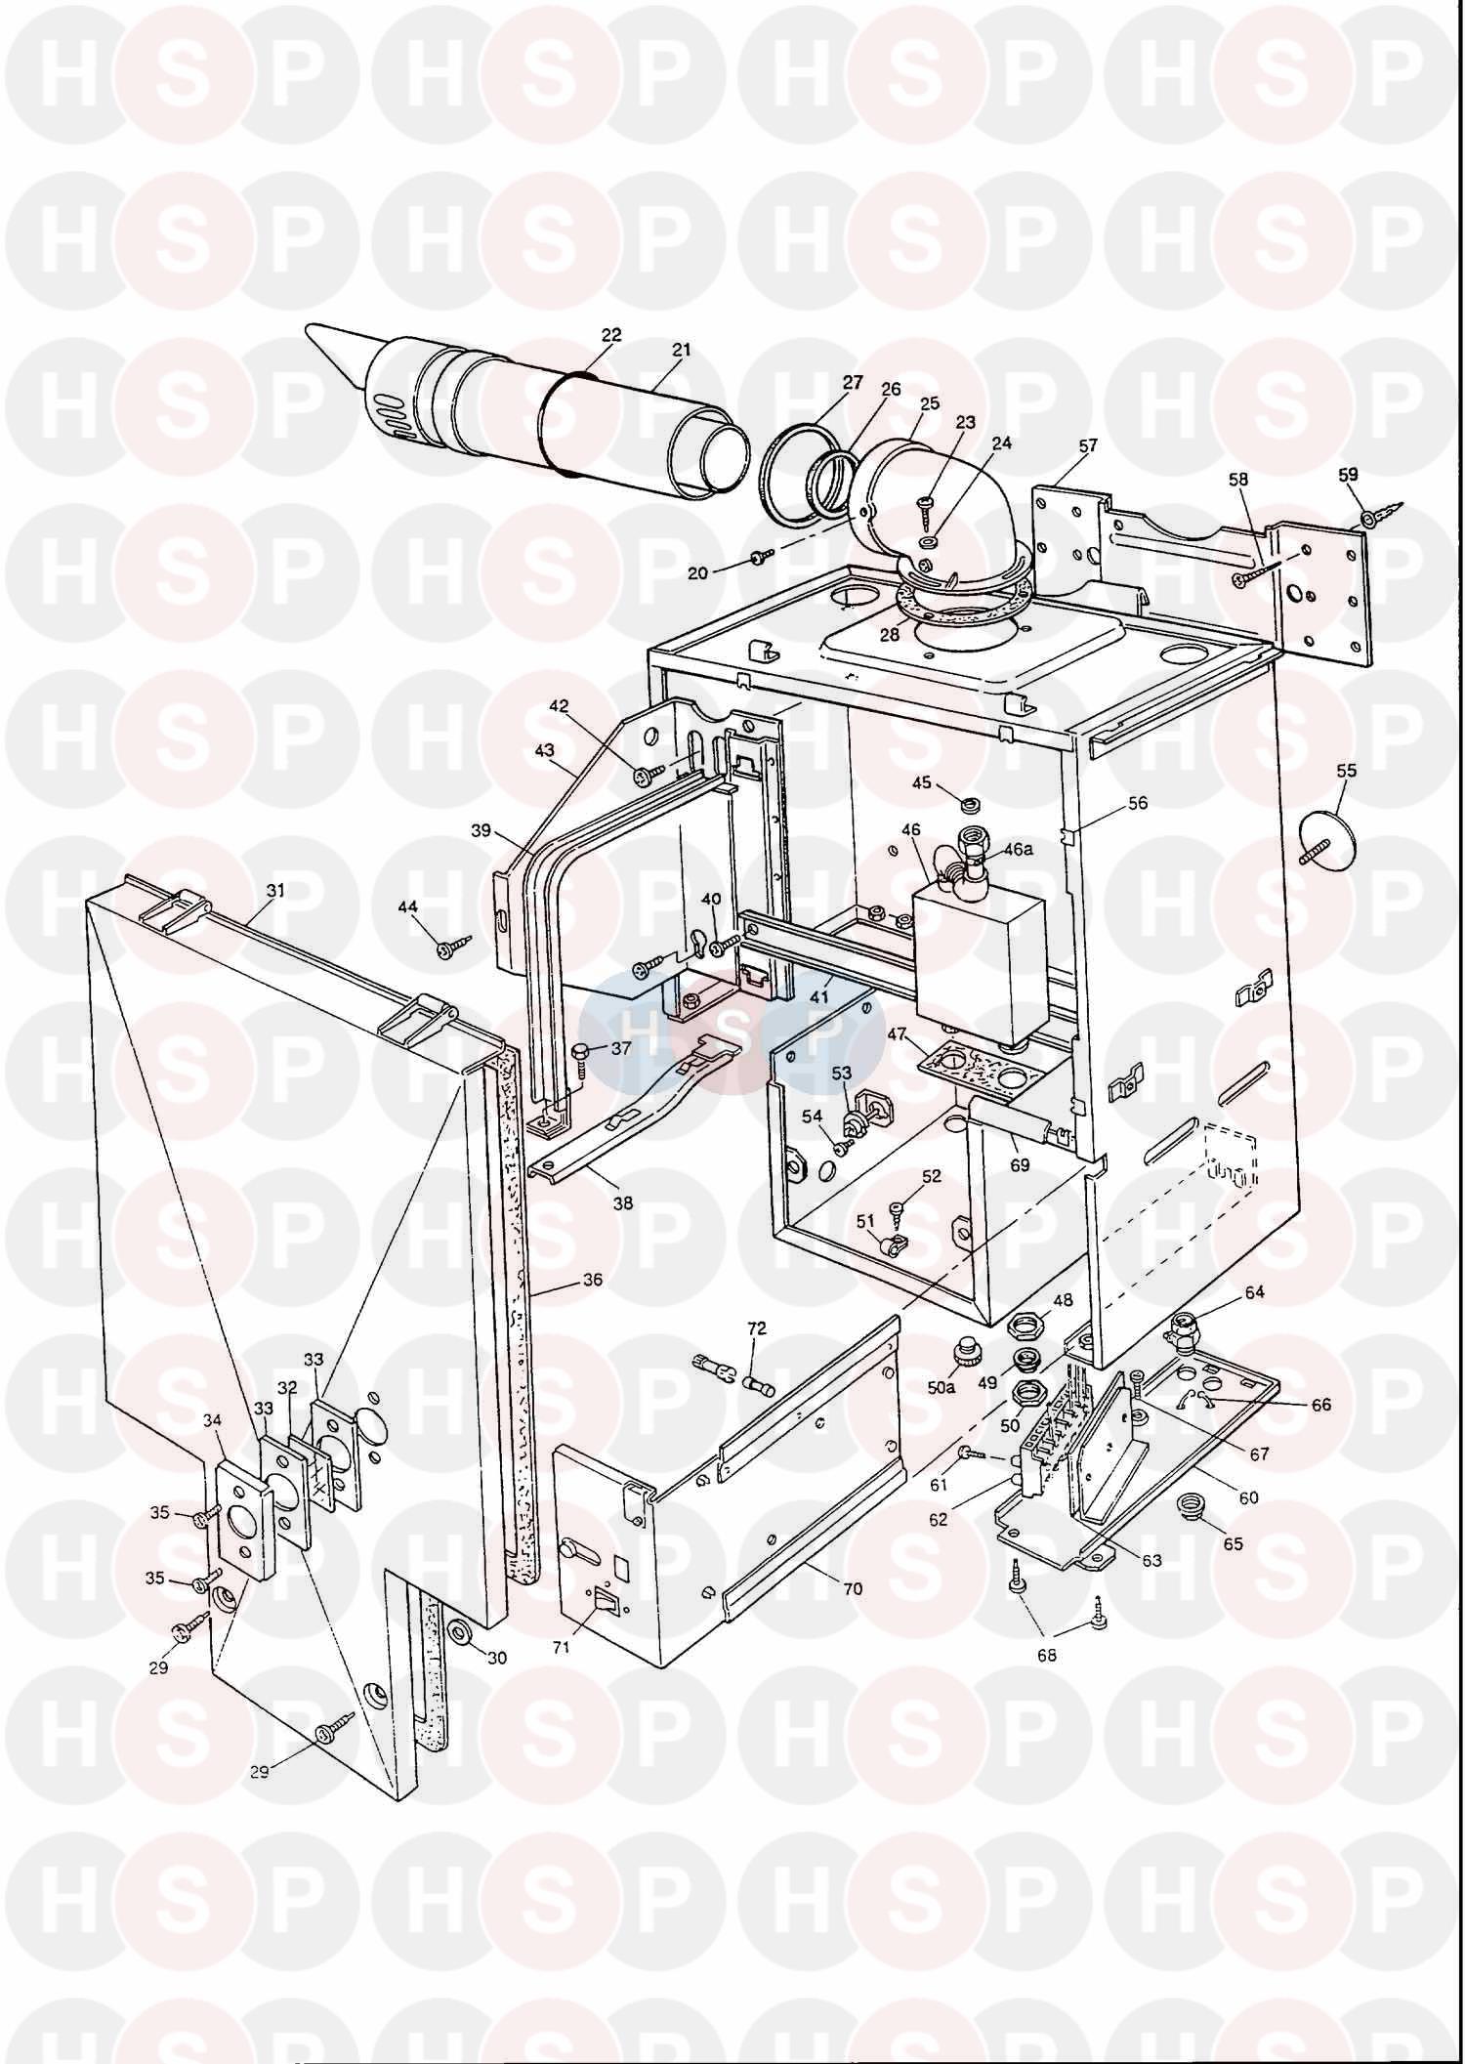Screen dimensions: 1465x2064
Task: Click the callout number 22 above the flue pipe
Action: (x=611, y=335)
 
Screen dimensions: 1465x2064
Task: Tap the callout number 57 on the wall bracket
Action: (x=1088, y=445)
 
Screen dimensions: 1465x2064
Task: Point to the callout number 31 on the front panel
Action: (x=275, y=891)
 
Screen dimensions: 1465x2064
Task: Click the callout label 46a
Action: (x=1017, y=850)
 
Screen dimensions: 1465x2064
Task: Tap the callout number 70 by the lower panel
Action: (x=853, y=1589)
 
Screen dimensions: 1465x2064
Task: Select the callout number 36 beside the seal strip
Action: (x=592, y=1280)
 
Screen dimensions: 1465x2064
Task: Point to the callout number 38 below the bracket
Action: (x=622, y=1203)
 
